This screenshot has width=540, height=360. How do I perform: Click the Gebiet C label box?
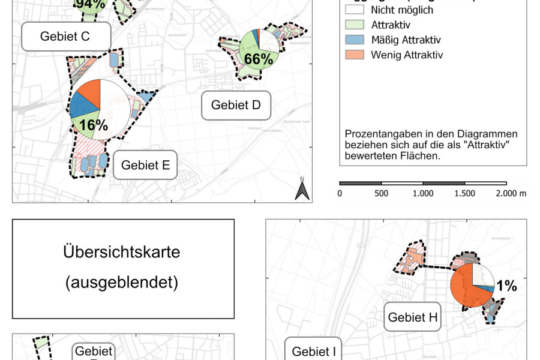tap(65, 36)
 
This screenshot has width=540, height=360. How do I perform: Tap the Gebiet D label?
tap(236, 106)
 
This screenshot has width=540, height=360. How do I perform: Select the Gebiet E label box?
tap(146, 165)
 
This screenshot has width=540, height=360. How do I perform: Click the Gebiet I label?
tap(314, 351)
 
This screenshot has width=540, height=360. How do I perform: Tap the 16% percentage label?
tap(93, 125)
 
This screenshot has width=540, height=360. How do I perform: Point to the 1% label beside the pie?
tap(506, 287)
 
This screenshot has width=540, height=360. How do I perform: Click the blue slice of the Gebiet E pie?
tap(82, 109)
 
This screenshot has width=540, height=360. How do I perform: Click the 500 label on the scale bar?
tap(381, 193)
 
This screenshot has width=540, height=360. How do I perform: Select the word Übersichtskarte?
tap(122, 252)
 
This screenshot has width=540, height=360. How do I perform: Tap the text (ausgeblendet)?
tap(122, 283)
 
